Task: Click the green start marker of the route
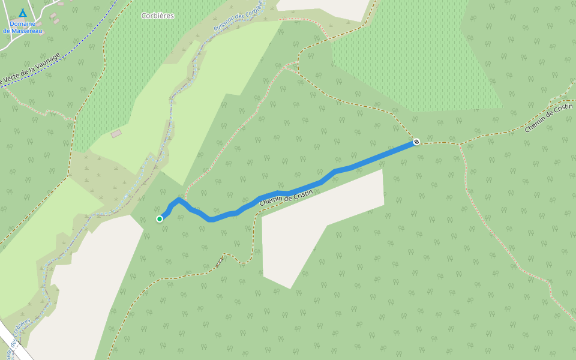pos(160,219)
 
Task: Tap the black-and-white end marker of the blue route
pos(416,142)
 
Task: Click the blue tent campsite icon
pos(23,13)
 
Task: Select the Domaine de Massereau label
pos(23,27)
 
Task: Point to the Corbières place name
pos(158,16)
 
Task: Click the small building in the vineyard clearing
pos(116,133)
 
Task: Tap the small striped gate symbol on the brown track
pos(220,262)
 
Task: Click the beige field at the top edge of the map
pos(324,7)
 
